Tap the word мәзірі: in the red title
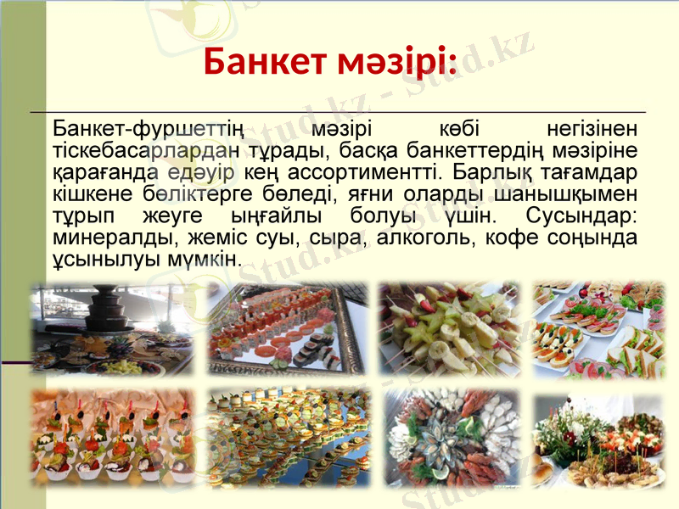pyautogui.click(x=396, y=61)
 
